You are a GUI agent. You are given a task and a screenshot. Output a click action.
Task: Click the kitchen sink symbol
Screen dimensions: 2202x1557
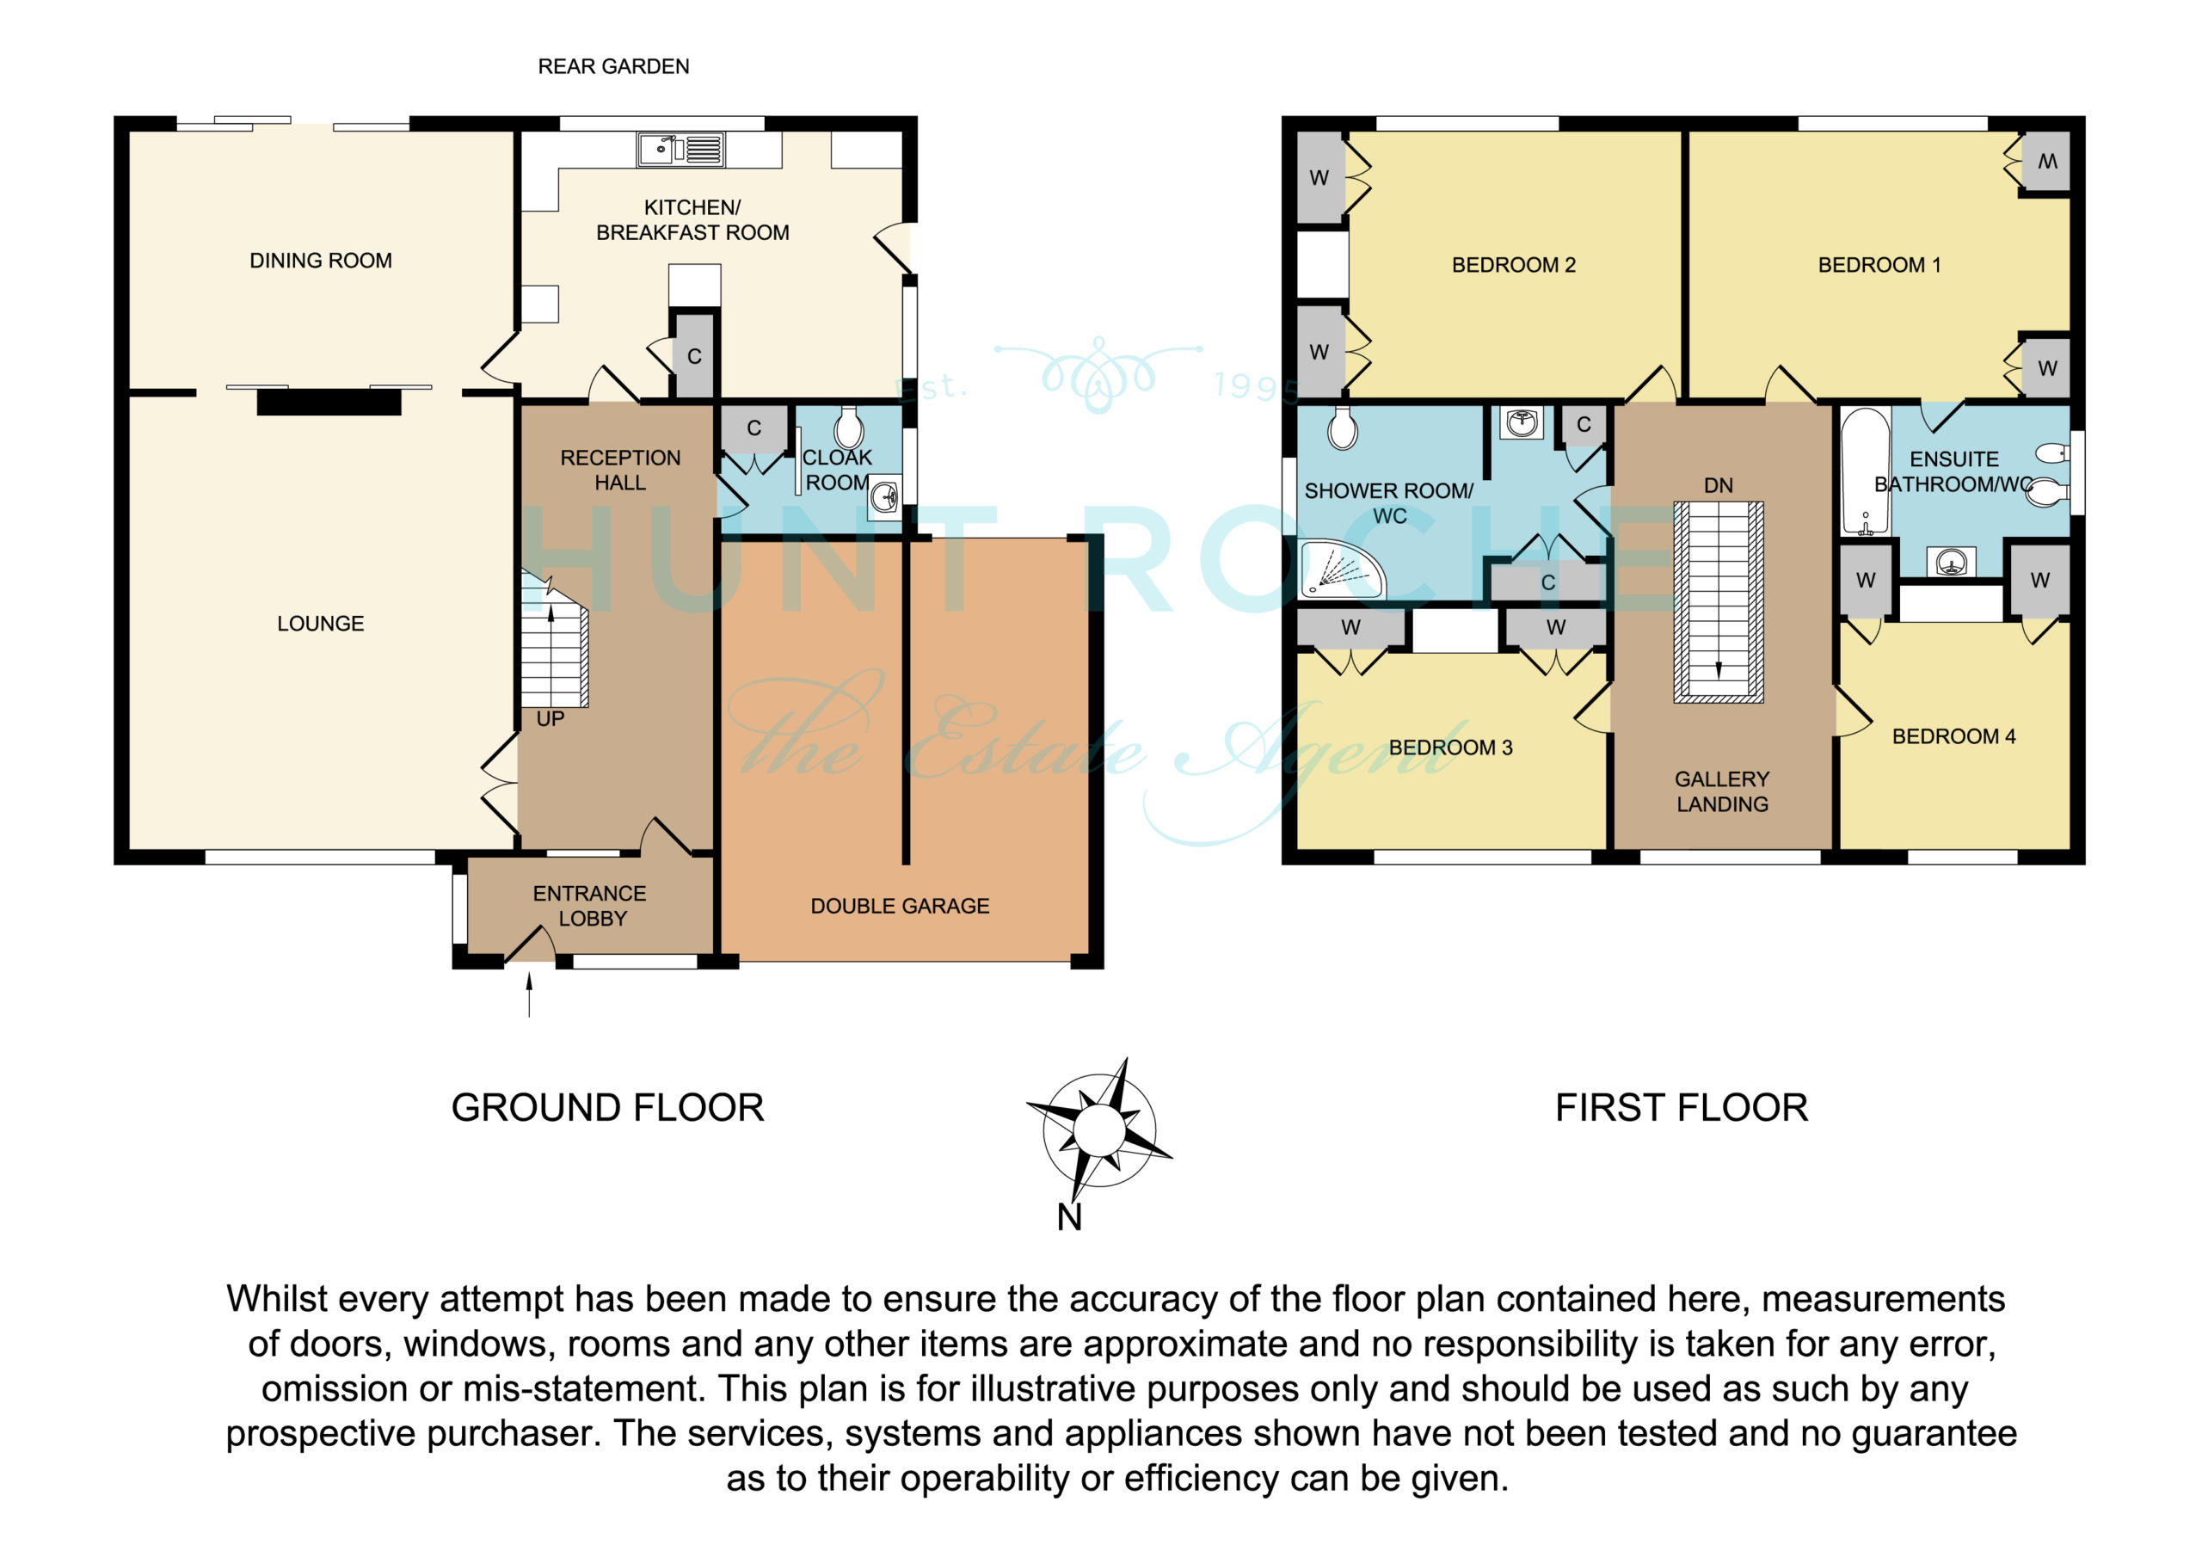681,150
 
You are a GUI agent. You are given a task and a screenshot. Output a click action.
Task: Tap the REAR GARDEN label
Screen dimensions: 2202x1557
614,66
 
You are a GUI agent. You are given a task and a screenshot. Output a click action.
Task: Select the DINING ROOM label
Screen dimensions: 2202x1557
320,261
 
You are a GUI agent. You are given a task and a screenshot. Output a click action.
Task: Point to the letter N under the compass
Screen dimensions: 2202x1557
1069,1217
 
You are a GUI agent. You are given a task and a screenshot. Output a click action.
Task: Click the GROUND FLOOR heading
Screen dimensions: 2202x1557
608,1108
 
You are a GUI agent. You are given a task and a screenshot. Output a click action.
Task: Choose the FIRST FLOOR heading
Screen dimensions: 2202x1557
1682,1108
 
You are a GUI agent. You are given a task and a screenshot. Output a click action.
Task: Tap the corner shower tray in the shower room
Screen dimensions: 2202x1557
1341,569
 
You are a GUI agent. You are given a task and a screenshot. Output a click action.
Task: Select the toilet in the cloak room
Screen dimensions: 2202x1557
849,427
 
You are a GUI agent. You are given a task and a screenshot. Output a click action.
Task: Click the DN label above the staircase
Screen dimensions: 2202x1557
1719,486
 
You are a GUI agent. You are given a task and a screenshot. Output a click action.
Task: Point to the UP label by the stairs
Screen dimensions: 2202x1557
550,719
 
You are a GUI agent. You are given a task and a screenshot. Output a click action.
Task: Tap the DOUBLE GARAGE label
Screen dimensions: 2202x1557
900,907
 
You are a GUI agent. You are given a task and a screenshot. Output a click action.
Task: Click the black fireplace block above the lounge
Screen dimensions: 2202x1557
329,402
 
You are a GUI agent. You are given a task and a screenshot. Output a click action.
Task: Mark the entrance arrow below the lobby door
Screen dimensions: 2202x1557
529,993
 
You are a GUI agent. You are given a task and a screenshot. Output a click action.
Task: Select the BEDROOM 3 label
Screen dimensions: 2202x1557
1451,748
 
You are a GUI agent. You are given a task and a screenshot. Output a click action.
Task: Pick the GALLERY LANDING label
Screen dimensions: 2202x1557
1723,792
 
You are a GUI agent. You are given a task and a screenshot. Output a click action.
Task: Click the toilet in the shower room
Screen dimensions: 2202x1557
1343,428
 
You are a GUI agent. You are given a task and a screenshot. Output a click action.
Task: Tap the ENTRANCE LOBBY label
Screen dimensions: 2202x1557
590,907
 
